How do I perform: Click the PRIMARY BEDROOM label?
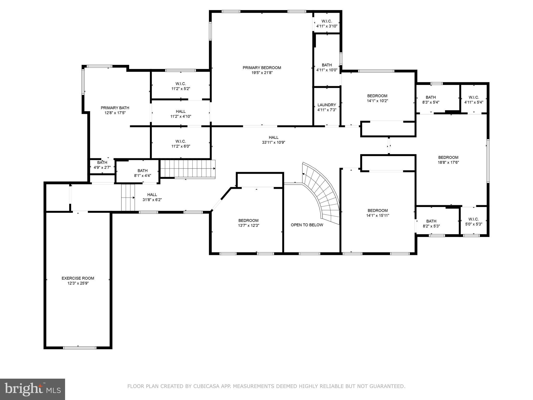point(262,68)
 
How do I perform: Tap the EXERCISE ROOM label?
point(78,278)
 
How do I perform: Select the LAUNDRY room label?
point(327,105)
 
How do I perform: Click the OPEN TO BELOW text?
point(307,225)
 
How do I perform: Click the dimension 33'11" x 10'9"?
point(274,142)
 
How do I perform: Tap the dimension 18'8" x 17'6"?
point(448,162)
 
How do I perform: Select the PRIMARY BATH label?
point(115,108)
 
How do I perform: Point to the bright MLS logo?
point(33,389)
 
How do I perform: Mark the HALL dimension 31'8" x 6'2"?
point(152,200)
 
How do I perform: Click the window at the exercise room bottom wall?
point(80,348)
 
